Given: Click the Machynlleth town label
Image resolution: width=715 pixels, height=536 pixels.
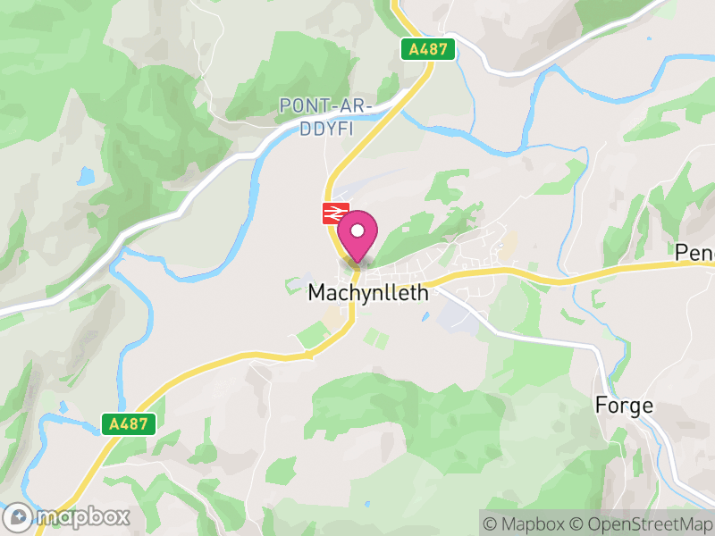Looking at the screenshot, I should (x=368, y=292).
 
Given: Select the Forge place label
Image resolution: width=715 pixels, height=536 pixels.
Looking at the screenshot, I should (x=625, y=406).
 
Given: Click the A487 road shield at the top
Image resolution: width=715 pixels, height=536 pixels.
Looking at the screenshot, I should (x=428, y=50).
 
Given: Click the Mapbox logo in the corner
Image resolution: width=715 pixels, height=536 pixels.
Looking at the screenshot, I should (x=67, y=516).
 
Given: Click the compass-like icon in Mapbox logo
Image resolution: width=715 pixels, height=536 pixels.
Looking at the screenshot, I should (x=19, y=516).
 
